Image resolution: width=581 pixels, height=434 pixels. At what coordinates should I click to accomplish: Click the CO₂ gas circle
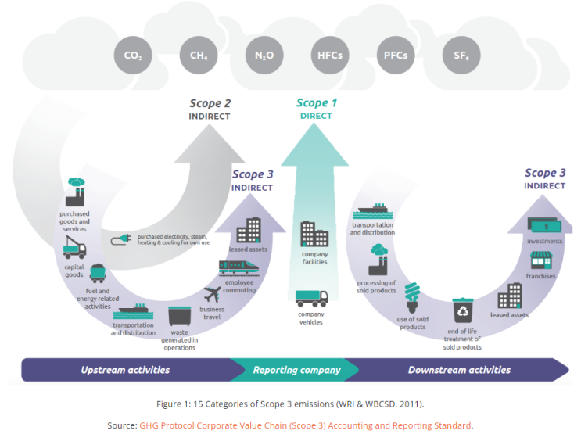click(x=133, y=56)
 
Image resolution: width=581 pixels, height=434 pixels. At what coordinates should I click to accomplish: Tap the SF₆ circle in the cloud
click(x=461, y=56)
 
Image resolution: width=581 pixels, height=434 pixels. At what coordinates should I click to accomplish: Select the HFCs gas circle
click(x=330, y=56)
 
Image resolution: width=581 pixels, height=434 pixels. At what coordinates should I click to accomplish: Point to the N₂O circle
click(x=264, y=56)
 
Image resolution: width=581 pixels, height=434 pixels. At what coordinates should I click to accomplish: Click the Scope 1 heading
click(x=317, y=102)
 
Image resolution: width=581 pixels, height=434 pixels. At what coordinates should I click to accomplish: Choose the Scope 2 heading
click(x=210, y=103)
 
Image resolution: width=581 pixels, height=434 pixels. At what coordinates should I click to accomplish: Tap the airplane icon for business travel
click(x=213, y=295)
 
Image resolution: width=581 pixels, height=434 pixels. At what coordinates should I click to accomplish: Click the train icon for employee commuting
click(x=238, y=267)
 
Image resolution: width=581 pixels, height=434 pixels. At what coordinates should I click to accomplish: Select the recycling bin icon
click(x=463, y=310)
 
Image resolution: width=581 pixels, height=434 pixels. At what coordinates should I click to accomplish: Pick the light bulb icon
click(x=412, y=298)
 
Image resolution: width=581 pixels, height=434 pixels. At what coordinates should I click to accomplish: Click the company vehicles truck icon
click(x=312, y=299)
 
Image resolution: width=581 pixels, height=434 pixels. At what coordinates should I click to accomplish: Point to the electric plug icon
click(x=120, y=239)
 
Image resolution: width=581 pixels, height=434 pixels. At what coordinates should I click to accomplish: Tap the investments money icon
click(x=544, y=225)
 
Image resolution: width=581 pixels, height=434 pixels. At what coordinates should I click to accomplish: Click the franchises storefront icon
click(x=541, y=260)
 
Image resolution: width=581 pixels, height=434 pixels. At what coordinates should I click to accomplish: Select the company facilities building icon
click(x=314, y=234)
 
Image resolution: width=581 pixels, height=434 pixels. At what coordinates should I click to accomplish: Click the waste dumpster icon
click(x=180, y=316)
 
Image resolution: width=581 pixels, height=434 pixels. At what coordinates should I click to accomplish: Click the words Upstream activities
click(x=125, y=370)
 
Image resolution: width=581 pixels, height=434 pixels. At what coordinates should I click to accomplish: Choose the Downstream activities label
click(x=459, y=370)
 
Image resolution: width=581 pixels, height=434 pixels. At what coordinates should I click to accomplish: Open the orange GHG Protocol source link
click(x=305, y=425)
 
